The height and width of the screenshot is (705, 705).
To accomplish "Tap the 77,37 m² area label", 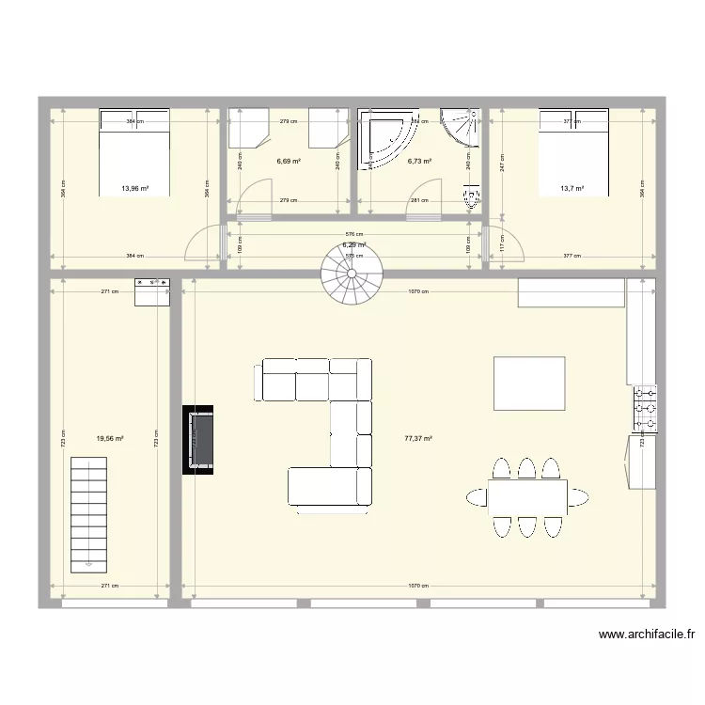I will coord(418,438).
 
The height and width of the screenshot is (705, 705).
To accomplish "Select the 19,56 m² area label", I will coord(110,438).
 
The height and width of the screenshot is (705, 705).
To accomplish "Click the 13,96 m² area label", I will coord(135,188).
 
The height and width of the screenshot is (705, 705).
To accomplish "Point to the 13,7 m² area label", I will coord(572,188).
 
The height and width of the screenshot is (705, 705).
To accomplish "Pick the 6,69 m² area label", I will coord(289,162).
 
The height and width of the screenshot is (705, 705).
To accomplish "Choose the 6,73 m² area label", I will coord(419,162).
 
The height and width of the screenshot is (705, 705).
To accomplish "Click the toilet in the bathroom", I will coord(471,197).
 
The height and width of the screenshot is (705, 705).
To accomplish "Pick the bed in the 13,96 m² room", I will coord(134,152).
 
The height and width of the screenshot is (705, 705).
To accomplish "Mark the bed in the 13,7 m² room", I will coord(572,152).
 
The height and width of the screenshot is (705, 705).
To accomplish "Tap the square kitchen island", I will coord(529,384).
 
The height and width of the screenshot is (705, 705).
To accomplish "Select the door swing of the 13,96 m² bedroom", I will coord(203,245).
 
